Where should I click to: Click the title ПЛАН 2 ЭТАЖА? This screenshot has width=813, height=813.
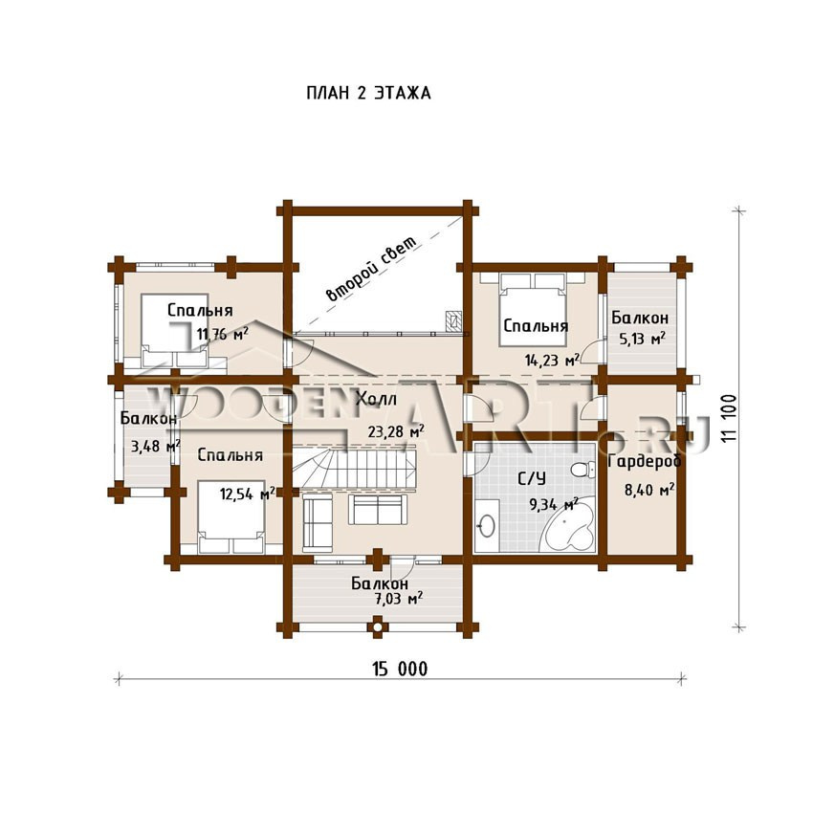(368, 94)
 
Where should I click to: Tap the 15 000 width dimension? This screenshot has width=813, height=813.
(400, 669)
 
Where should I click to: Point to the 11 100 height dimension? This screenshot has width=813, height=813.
(728, 419)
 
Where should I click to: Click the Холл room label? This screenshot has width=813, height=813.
(377, 399)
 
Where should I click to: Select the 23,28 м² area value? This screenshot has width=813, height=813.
(396, 430)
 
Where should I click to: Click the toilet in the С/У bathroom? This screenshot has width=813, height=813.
(582, 470)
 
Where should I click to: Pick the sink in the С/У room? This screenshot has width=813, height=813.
(486, 526)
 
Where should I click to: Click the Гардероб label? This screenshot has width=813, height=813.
(645, 461)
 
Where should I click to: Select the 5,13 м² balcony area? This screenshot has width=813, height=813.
(643, 339)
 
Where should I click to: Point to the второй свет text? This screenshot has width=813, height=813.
(371, 269)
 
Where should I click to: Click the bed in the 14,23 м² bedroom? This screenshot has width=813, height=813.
(532, 310)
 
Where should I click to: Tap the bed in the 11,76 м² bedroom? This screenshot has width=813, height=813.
(175, 330)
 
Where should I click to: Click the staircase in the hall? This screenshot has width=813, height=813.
(355, 466)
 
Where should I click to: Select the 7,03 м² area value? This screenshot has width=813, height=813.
(398, 599)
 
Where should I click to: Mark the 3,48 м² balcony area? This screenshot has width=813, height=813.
(155, 446)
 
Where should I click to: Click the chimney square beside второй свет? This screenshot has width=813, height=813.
(453, 320)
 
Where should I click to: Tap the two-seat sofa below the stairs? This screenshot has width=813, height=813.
(378, 509)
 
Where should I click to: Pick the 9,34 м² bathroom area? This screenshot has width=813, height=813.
(554, 503)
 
